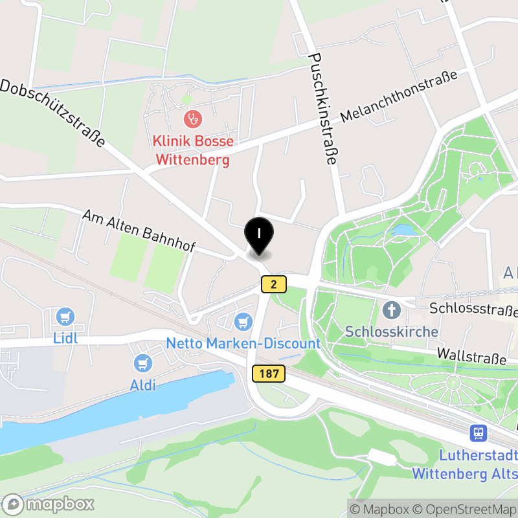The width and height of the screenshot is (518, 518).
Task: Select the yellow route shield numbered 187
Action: [x=265, y=374]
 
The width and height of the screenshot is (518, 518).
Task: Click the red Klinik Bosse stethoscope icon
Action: [x=192, y=118]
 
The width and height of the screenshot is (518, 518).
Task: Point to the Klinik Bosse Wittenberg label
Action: [x=192, y=150]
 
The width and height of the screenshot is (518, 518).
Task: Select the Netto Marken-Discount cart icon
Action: [x=243, y=321]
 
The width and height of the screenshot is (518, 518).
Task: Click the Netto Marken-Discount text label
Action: [x=243, y=343]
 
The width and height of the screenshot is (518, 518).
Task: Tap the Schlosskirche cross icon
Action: [x=391, y=310]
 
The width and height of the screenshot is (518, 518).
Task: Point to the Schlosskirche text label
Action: [x=392, y=332]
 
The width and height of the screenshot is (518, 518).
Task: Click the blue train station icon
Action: [x=479, y=432]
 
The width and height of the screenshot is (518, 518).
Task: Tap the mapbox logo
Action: [x=49, y=504]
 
